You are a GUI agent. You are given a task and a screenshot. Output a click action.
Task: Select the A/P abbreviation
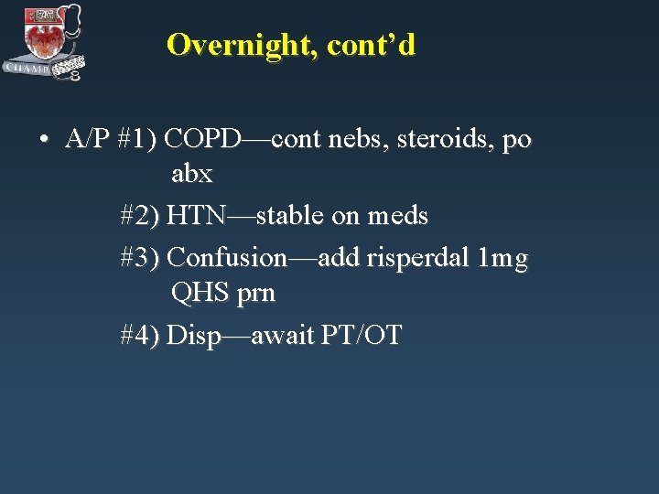(88, 140)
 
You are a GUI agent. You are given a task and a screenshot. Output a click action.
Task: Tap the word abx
(191, 174)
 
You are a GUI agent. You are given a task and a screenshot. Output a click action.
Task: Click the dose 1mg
(504, 258)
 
